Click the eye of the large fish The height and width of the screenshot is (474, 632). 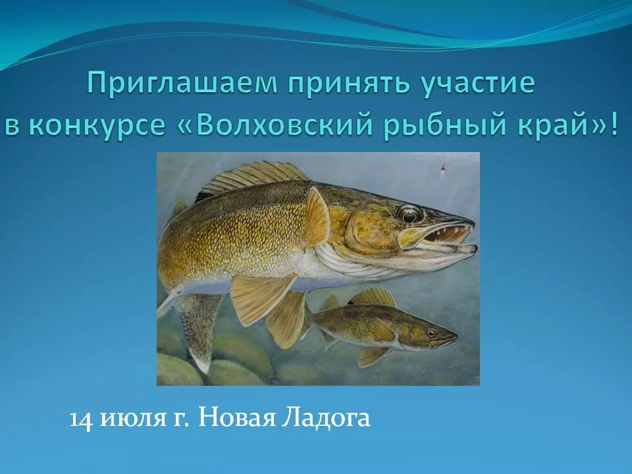[409, 215]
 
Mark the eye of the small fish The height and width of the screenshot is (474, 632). [432, 333]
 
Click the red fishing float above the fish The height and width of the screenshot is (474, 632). [442, 170]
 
